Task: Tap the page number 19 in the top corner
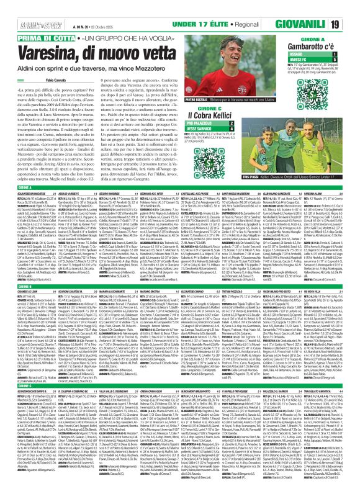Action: coord(351,7)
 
